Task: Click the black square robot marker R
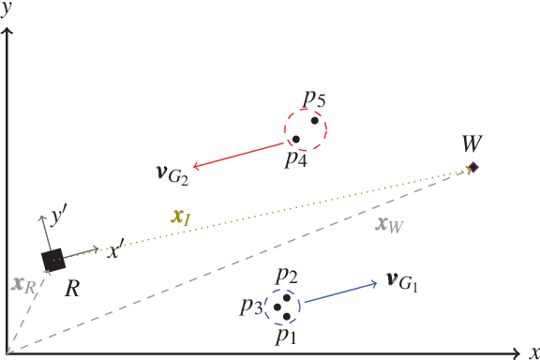[x=52, y=261]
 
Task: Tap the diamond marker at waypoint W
[x=473, y=167]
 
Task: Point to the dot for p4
[x=296, y=140]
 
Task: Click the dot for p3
[x=277, y=307]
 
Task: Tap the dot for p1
[x=287, y=316]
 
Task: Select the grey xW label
[x=389, y=224]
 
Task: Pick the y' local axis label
[x=58, y=217]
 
